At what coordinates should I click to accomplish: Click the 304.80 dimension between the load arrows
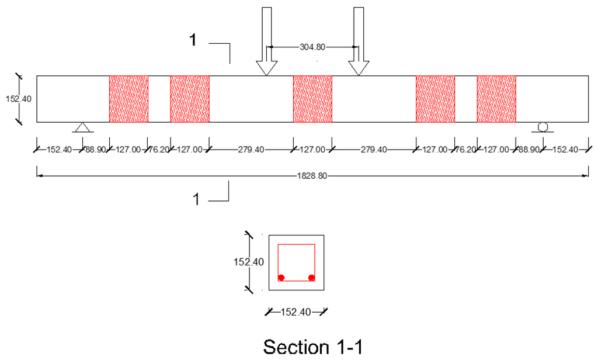[312, 47]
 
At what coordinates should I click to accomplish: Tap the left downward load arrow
[266, 41]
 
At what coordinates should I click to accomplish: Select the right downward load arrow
[359, 41]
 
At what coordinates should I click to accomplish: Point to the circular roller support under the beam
[543, 127]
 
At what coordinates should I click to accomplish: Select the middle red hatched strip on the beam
[312, 99]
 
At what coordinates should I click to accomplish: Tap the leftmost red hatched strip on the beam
[128, 99]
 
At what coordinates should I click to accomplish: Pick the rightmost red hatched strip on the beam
[496, 99]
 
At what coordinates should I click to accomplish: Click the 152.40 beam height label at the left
[18, 99]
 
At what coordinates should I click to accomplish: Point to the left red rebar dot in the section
[281, 277]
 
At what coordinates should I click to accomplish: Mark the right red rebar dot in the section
[311, 277]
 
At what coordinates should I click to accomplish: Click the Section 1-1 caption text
[313, 347]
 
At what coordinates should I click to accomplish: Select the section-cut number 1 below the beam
[197, 199]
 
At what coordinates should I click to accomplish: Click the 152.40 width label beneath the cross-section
[296, 312]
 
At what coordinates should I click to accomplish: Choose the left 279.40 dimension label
[251, 150]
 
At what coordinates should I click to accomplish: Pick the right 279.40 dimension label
[374, 150]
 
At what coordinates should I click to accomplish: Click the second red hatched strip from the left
[190, 99]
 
